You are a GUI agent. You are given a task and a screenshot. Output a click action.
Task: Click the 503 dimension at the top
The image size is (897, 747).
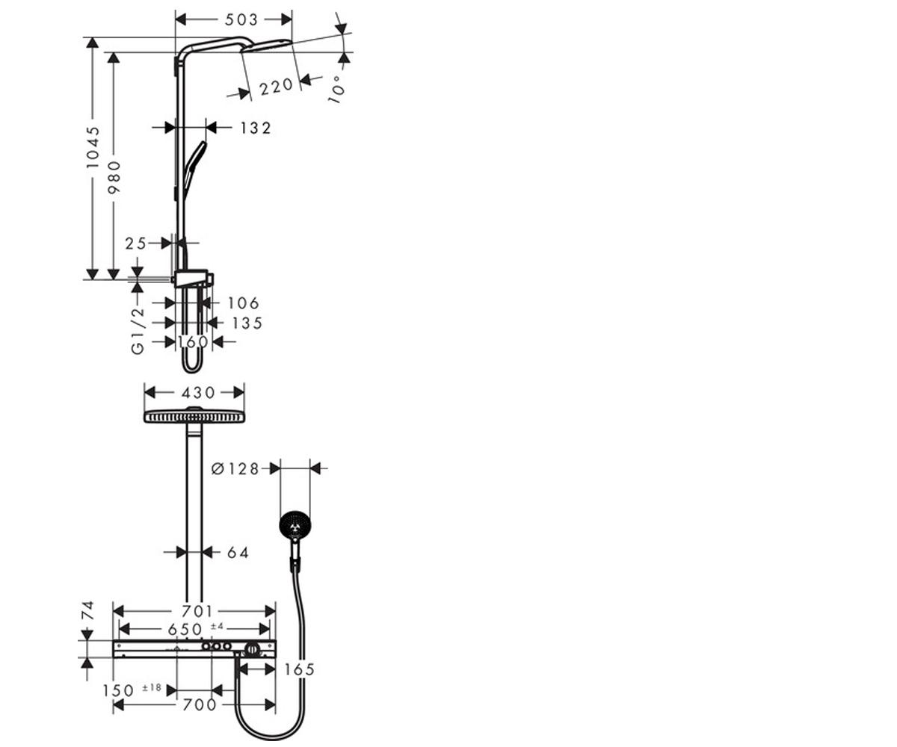coord(241,19)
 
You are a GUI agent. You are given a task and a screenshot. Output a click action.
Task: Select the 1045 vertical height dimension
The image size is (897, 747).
coord(93,146)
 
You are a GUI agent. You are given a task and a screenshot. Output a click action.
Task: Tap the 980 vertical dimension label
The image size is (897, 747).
coord(114,177)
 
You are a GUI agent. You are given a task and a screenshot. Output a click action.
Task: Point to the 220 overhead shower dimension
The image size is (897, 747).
coord(277,87)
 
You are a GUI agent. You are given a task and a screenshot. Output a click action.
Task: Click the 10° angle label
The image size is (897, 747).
coord(336,90)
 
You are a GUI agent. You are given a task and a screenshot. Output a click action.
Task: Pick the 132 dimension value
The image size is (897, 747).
coord(256,128)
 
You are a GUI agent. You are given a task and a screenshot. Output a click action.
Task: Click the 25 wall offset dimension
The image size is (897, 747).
coord(136,244)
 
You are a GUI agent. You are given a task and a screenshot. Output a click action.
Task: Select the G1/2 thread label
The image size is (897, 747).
coord(138,331)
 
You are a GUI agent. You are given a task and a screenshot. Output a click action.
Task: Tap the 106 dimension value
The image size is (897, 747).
coord(243,303)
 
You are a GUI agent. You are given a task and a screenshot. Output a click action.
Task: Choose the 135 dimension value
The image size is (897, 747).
coord(247,323)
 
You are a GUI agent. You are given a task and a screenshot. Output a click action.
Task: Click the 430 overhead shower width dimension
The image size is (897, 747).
coord(198,393)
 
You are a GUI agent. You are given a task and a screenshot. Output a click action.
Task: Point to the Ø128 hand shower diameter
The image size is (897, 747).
coord(235,469)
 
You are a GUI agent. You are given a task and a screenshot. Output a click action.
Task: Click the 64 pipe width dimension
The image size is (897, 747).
coord(238,552)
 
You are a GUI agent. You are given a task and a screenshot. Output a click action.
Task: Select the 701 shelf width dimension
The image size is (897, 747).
coord(197,611)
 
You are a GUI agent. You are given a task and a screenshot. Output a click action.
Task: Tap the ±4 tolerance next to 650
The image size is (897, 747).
coord(218,626)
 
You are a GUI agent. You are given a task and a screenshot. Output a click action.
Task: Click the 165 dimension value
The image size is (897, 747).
coord(300,669)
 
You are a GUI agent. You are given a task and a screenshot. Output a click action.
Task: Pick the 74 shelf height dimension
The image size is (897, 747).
coord(87,610)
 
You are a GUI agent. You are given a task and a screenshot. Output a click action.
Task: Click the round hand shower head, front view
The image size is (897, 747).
coord(295,527)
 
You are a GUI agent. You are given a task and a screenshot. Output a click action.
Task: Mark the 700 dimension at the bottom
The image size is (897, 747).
coord(200,704)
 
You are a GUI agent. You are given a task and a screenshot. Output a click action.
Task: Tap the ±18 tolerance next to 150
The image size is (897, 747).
coord(152,688)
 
